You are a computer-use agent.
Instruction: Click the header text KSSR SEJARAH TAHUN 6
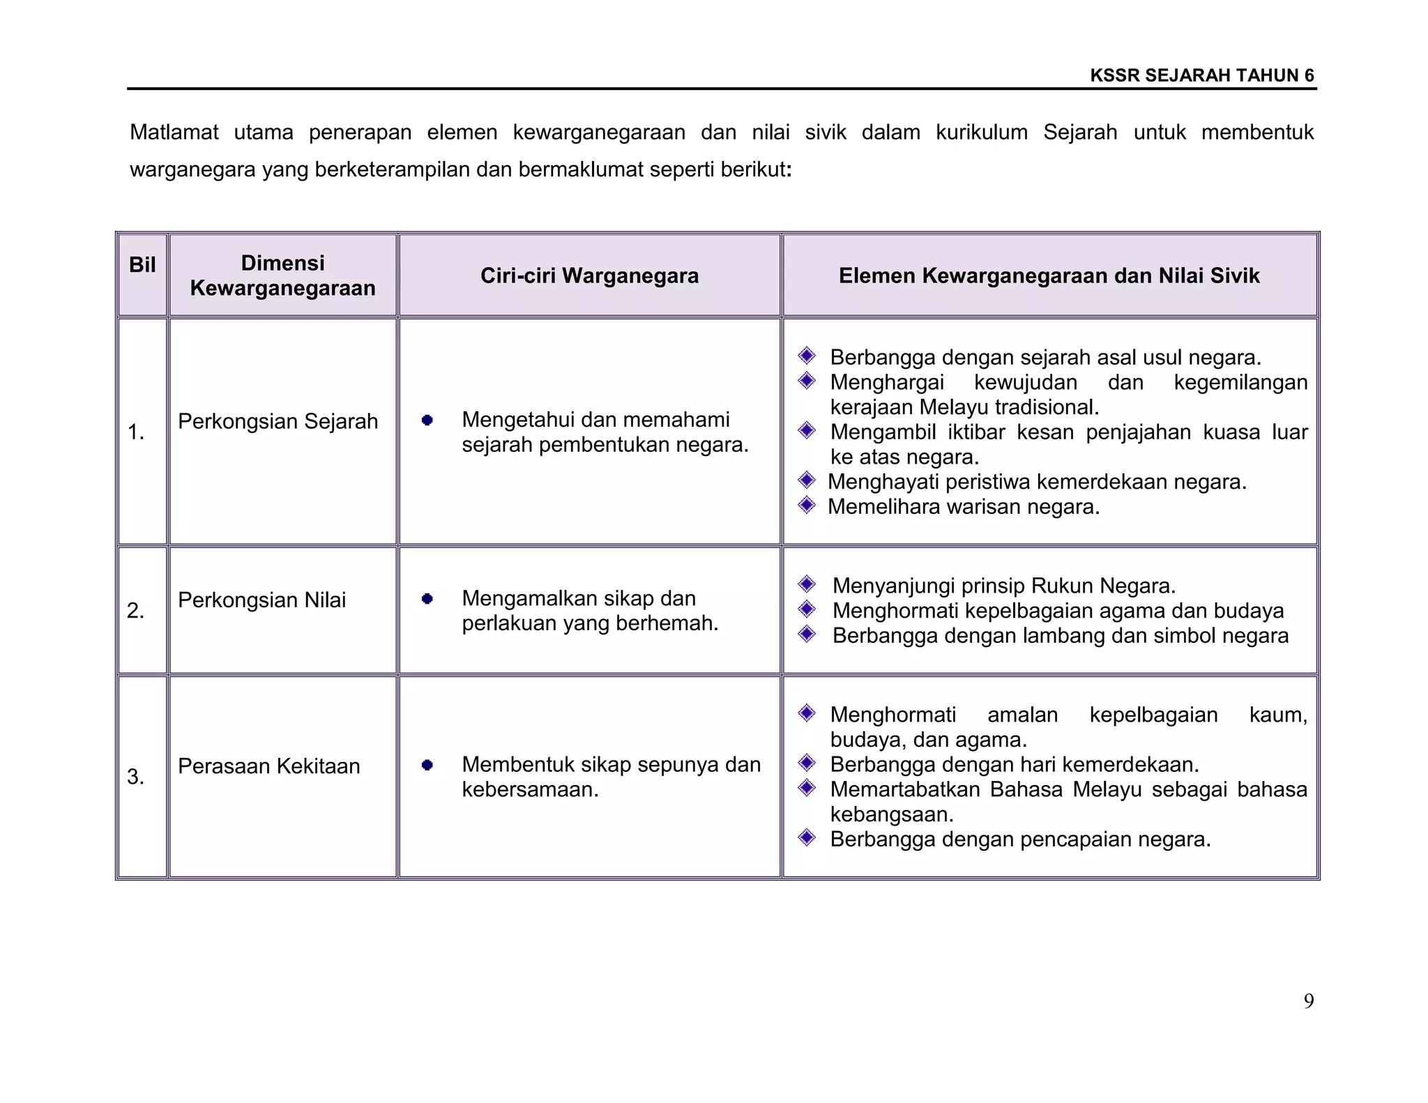pyautogui.click(x=1202, y=75)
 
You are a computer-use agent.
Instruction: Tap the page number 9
pyautogui.click(x=1309, y=1001)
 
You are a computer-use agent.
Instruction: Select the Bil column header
pyautogui.click(x=142, y=265)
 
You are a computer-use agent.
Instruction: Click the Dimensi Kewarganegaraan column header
pyautogui.click(x=282, y=275)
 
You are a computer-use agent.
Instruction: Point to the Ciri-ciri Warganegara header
pyautogui.click(x=589, y=276)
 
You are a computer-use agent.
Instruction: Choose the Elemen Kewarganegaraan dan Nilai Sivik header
pyautogui.click(x=1049, y=276)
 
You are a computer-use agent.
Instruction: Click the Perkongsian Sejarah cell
pyautogui.click(x=278, y=421)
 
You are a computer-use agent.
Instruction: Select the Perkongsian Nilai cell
pyautogui.click(x=261, y=600)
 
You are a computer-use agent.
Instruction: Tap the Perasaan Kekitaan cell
pyautogui.click(x=268, y=766)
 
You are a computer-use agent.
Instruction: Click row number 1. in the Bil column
pyautogui.click(x=136, y=433)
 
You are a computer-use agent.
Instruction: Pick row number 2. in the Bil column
pyautogui.click(x=136, y=611)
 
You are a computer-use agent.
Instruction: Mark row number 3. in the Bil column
pyautogui.click(x=136, y=777)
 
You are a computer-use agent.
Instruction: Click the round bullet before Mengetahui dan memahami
pyautogui.click(x=427, y=420)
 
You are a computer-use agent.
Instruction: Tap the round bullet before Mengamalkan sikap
pyautogui.click(x=427, y=598)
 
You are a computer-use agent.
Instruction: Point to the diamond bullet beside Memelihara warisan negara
pyautogui.click(x=807, y=505)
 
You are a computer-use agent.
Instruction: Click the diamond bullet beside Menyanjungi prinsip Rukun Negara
pyautogui.click(x=807, y=584)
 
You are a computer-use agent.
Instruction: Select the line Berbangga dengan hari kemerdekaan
pyautogui.click(x=1014, y=765)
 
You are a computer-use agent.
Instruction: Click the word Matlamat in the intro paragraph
pyautogui.click(x=174, y=132)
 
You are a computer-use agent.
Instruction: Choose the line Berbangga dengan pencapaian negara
pyautogui.click(x=1020, y=839)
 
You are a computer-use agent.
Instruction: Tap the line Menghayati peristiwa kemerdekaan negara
pyautogui.click(x=1037, y=482)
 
